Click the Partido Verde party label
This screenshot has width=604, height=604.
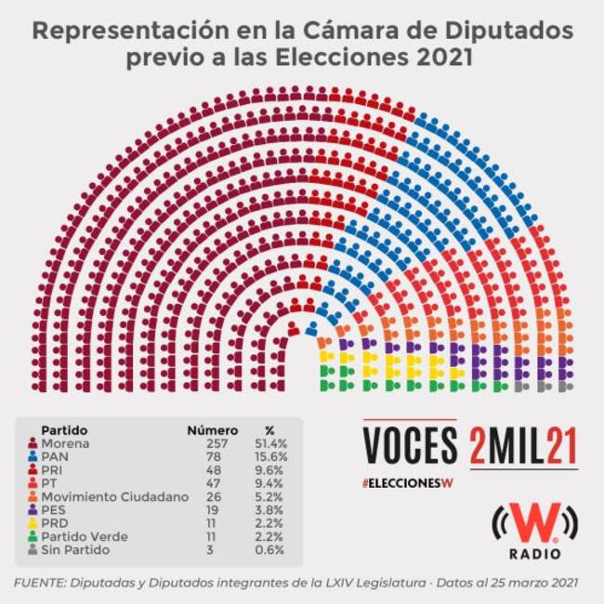[x=84, y=536]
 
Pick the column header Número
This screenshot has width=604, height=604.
[x=213, y=430]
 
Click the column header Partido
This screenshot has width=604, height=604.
[x=64, y=430]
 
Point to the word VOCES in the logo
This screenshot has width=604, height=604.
[x=410, y=446]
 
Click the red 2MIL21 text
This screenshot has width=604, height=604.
[x=523, y=446]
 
